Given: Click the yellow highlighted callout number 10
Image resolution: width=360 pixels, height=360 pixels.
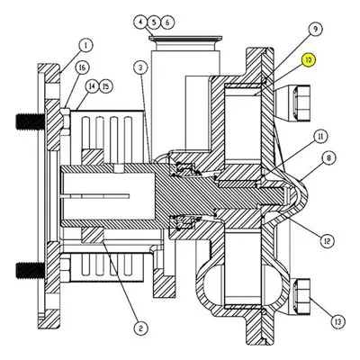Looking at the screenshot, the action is click(309, 60).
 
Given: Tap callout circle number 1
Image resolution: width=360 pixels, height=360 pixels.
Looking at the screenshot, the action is click(85, 46).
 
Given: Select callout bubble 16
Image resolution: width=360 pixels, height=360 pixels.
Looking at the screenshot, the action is click(81, 67).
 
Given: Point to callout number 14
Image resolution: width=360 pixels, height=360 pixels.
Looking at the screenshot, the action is click(92, 86).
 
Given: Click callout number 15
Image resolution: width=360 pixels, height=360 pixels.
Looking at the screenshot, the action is click(105, 86).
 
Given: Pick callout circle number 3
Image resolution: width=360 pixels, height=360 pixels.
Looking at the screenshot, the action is click(140, 67).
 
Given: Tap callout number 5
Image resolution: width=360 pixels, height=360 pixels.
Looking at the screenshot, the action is click(154, 22).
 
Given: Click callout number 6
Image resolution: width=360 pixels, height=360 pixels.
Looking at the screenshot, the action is click(167, 22).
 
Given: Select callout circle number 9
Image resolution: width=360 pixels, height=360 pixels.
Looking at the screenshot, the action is click(315, 29).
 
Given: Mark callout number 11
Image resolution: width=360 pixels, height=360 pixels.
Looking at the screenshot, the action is click(320, 137).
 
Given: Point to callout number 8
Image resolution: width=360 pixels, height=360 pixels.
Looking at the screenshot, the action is click(328, 157).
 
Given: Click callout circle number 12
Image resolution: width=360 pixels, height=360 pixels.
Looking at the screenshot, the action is click(327, 240).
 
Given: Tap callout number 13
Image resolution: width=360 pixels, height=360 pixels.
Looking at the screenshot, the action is click(338, 322).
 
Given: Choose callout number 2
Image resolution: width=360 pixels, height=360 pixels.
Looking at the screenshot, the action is click(140, 328).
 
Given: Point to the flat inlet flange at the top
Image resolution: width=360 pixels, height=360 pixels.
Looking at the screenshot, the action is click(185, 38).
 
